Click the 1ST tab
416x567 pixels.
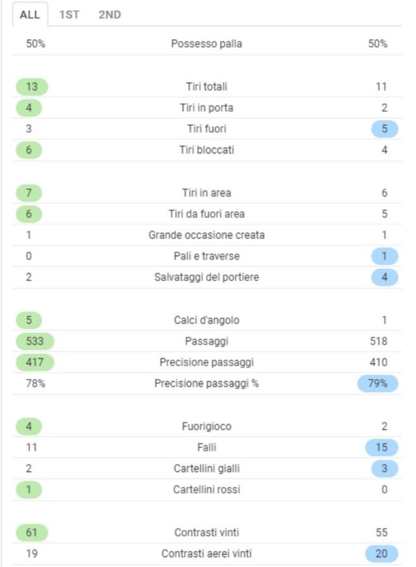click(69, 15)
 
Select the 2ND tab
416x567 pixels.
click(110, 15)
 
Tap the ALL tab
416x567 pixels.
click(30, 15)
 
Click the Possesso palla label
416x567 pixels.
click(207, 44)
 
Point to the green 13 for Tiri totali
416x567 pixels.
click(32, 87)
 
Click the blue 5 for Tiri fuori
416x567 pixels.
click(385, 129)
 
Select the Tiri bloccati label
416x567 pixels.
click(207, 150)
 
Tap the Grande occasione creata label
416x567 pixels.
click(207, 235)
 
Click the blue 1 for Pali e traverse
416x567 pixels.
click(385, 257)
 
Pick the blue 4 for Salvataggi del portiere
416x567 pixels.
click(385, 277)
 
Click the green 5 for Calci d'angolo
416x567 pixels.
click(29, 320)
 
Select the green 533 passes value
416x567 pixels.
click(35, 341)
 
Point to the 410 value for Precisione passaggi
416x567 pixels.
click(379, 362)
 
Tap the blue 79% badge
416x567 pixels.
click(377, 384)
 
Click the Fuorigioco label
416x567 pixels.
click(207, 426)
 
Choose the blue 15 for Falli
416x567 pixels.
click(382, 448)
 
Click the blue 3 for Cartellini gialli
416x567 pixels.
click(385, 469)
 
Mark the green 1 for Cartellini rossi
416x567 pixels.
click(29, 490)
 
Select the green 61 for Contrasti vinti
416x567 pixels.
click(32, 533)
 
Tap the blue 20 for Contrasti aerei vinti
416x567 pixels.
click(382, 553)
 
